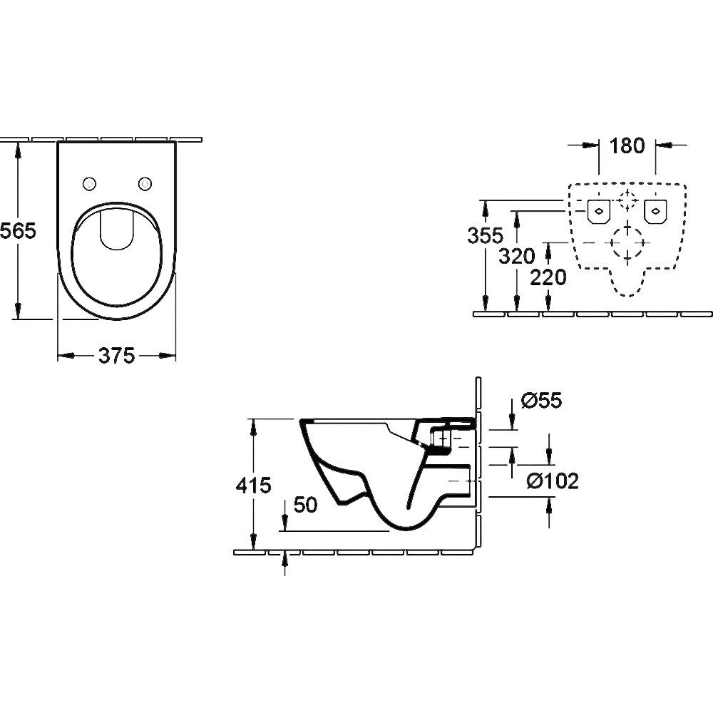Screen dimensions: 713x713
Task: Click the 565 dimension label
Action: pos(17,232)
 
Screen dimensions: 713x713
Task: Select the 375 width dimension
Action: pos(117,356)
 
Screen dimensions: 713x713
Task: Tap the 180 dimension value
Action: pos(627,145)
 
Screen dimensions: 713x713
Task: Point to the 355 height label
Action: pos(486,235)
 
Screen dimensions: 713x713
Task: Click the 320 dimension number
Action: pos(517,257)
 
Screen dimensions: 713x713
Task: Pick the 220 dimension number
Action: pos(548,277)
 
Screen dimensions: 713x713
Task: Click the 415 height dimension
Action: pos(253,485)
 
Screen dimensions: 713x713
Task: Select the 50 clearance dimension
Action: pos(305,505)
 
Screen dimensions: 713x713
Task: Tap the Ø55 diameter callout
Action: pos(542,400)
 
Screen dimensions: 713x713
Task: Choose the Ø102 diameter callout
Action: pos(553,481)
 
